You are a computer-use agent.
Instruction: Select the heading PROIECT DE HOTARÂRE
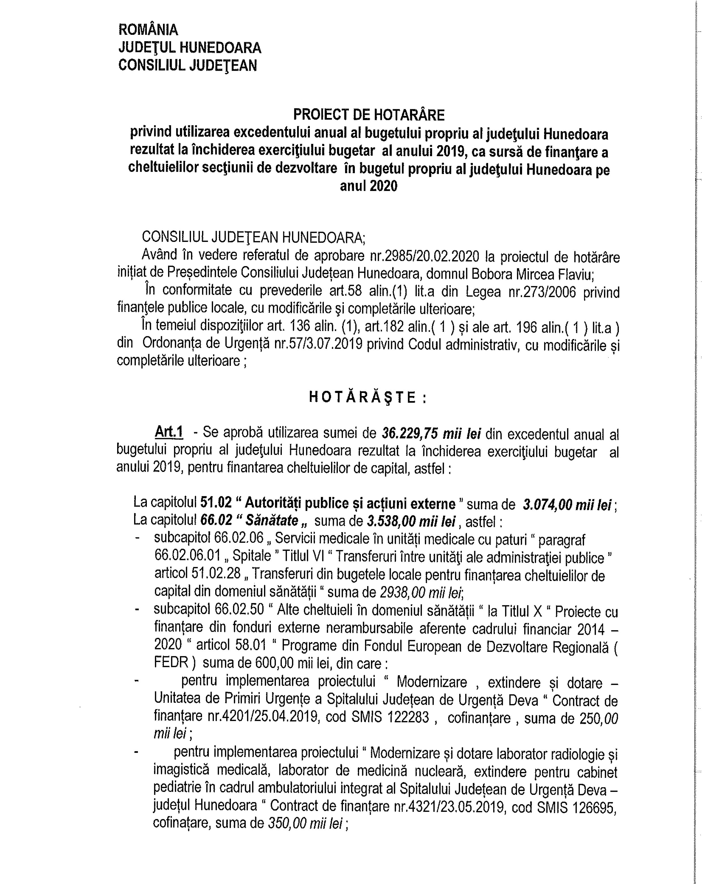pyautogui.click(x=369, y=115)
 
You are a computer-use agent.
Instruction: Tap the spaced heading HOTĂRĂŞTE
pyautogui.click(x=367, y=397)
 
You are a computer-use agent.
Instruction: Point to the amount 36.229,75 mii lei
pyautogui.click(x=431, y=433)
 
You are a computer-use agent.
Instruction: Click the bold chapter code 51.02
pyautogui.click(x=216, y=504)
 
